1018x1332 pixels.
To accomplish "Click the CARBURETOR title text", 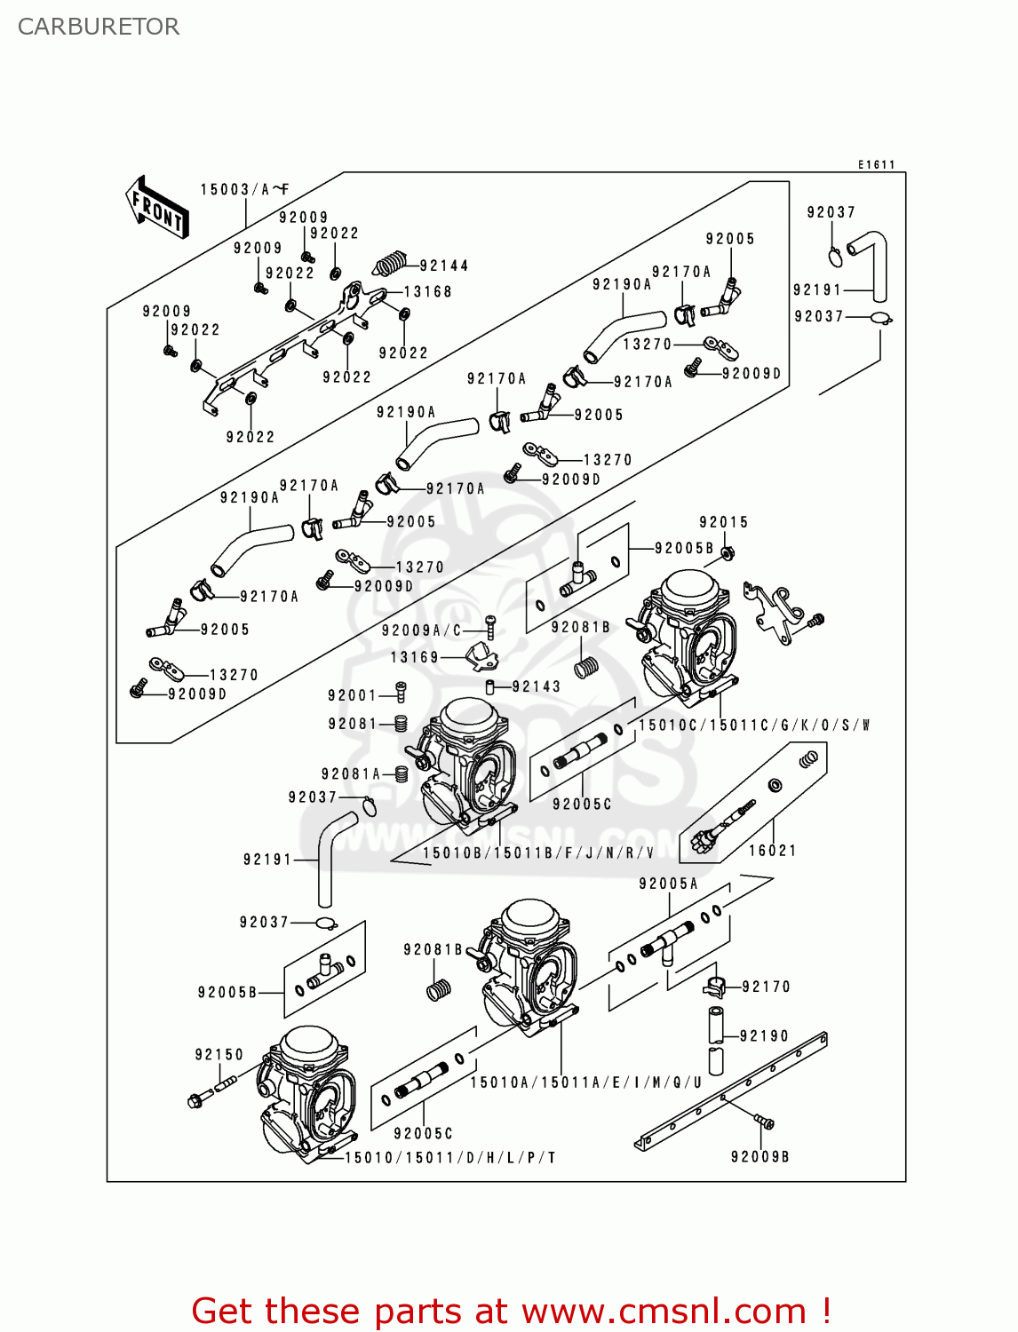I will tap(98, 27).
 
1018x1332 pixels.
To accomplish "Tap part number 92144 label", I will tap(443, 266).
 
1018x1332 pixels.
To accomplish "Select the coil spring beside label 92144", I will tap(389, 264).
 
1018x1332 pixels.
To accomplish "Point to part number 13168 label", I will tap(427, 291).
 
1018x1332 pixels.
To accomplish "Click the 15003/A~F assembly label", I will tap(244, 189).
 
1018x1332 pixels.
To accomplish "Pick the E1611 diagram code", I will tap(876, 164).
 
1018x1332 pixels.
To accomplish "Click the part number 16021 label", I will tap(772, 850).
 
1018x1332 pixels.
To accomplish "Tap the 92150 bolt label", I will tap(219, 1054).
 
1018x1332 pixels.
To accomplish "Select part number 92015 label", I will tap(723, 522).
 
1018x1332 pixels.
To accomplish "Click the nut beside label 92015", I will tap(728, 553).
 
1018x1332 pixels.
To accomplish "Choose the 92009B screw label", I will tap(760, 1156).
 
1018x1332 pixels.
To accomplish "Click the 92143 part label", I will tap(536, 686).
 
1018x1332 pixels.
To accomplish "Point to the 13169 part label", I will tap(415, 657).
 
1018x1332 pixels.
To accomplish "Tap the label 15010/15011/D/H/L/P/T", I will tap(449, 1157).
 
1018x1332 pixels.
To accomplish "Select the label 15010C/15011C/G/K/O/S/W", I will tap(753, 725).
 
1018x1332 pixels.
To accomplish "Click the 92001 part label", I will tap(353, 695).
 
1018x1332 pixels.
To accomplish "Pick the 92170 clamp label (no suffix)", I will tap(766, 987).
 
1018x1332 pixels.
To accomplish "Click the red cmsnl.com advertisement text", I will tap(511, 1311).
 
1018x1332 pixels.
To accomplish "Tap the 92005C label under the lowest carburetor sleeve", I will tap(423, 1133).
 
